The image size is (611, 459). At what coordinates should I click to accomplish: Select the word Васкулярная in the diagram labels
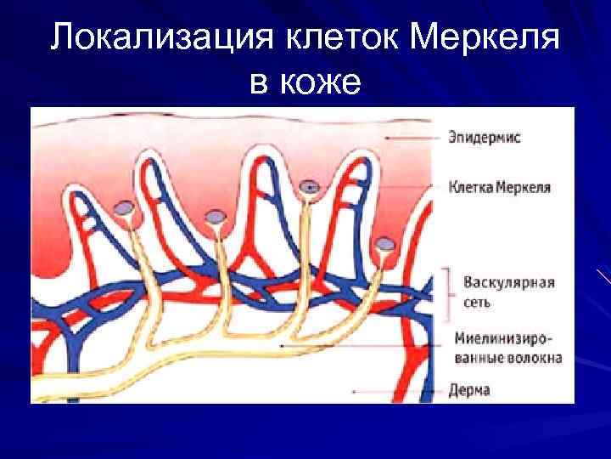click(x=507, y=281)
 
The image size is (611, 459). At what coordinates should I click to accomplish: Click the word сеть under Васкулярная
click(x=477, y=301)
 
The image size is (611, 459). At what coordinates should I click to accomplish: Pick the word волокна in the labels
click(x=532, y=357)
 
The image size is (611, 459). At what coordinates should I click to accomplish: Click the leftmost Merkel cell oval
click(x=126, y=207)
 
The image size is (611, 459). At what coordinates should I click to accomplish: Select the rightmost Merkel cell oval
click(x=385, y=245)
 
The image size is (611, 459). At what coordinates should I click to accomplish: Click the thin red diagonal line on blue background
click(x=603, y=275)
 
